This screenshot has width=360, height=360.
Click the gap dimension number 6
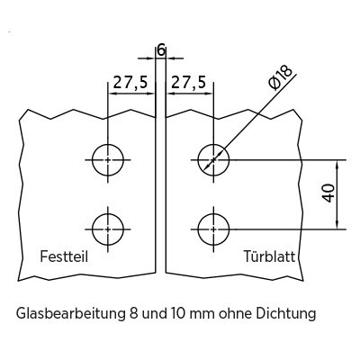[161, 51]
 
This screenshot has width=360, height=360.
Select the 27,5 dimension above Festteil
[130, 82]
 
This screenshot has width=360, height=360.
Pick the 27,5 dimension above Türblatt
[188, 82]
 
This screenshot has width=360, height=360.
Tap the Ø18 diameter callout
[281, 77]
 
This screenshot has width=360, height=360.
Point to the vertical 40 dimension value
[328, 193]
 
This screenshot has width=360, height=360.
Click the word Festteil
[64, 256]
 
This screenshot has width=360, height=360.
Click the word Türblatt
[269, 256]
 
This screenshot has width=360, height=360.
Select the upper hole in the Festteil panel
[108, 145]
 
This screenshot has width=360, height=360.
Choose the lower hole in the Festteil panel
[108, 214]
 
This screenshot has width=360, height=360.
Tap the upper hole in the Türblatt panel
[213, 145]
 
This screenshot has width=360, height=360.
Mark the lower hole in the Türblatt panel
[213, 214]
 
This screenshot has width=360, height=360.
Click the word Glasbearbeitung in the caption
[70, 315]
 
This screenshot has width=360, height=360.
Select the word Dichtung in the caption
[286, 315]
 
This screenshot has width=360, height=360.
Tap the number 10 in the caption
[177, 315]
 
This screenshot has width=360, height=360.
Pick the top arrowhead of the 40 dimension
[337, 164]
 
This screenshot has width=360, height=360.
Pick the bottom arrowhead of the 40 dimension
[337, 225]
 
